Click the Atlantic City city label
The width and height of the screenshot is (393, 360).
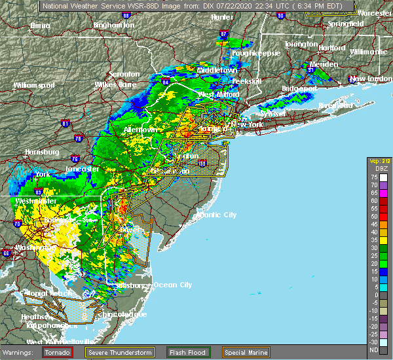(x=218, y=215)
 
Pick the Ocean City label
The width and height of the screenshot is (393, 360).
(x=172, y=285)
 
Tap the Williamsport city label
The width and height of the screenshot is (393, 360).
(x=33, y=85)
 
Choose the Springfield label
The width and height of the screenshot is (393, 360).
(x=346, y=24)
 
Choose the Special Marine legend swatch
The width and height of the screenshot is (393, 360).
(x=227, y=351)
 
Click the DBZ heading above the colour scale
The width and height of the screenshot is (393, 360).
(x=381, y=168)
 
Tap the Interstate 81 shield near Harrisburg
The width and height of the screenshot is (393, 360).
(x=65, y=122)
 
